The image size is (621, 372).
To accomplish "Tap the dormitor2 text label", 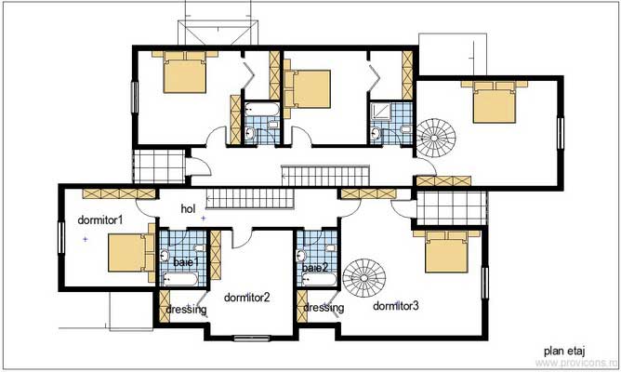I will pyautogui.click(x=246, y=298).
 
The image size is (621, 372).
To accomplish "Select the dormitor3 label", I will pyautogui.click(x=396, y=305).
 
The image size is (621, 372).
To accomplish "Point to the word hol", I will pyautogui.click(x=189, y=209).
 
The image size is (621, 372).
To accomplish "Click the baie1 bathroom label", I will pyautogui.click(x=186, y=264).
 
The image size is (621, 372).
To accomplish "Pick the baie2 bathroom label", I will pyautogui.click(x=314, y=268).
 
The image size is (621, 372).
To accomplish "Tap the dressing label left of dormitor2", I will pyautogui.click(x=185, y=309).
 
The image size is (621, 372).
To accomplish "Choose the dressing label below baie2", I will pyautogui.click(x=323, y=308).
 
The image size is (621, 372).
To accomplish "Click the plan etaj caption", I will pyautogui.click(x=565, y=352).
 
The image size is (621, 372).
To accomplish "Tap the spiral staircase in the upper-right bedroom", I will pyautogui.click(x=433, y=138).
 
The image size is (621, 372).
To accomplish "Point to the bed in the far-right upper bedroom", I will pyautogui.click(x=491, y=101).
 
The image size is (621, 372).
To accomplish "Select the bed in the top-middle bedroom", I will pyautogui.click(x=310, y=88).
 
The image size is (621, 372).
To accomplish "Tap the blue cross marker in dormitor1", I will pyautogui.click(x=86, y=240).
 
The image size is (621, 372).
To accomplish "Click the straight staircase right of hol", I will pyautogui.click(x=249, y=198).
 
